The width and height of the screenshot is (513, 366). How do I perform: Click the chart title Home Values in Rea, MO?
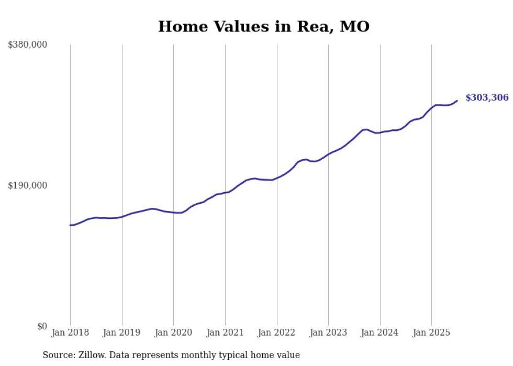click(264, 27)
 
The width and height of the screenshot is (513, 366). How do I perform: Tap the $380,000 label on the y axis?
click(28, 45)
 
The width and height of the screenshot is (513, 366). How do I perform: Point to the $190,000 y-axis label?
click(28, 185)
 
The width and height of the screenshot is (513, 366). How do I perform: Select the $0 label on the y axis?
click(42, 327)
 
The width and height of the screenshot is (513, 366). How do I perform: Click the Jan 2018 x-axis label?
click(70, 332)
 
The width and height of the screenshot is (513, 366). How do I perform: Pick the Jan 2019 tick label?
click(122, 332)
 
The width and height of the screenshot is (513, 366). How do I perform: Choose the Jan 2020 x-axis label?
click(173, 332)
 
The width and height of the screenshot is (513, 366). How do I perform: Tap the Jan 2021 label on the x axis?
click(225, 332)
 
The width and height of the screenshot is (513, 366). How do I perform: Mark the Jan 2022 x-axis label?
click(277, 332)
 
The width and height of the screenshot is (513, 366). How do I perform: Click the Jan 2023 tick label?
click(328, 332)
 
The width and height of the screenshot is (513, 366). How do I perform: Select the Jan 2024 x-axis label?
click(380, 332)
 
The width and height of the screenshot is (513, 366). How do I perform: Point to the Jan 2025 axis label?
click(431, 332)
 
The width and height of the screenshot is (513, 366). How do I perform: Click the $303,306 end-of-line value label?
click(487, 98)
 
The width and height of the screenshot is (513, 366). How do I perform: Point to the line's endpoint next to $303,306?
click(457, 101)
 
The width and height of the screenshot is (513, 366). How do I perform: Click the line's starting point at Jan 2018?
click(70, 225)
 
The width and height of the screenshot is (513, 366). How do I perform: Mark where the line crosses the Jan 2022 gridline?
click(277, 178)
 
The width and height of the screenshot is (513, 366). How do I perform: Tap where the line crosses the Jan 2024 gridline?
click(380, 132)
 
